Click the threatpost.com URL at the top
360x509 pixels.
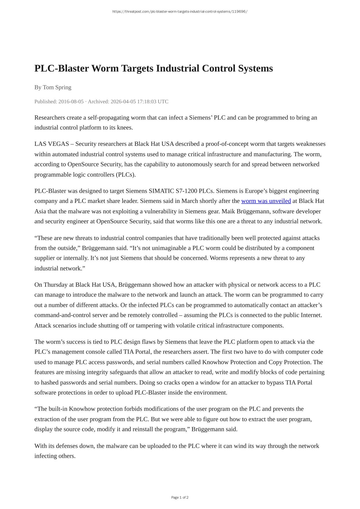point(180,12)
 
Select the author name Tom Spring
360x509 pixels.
point(57,87)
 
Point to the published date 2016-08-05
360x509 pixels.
point(71,101)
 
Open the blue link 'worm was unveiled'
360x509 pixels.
point(266,201)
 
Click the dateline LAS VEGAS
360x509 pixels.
point(52,144)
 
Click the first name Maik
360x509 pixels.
point(228,211)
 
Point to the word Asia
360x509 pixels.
point(40,211)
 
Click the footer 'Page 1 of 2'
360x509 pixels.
point(180,497)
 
